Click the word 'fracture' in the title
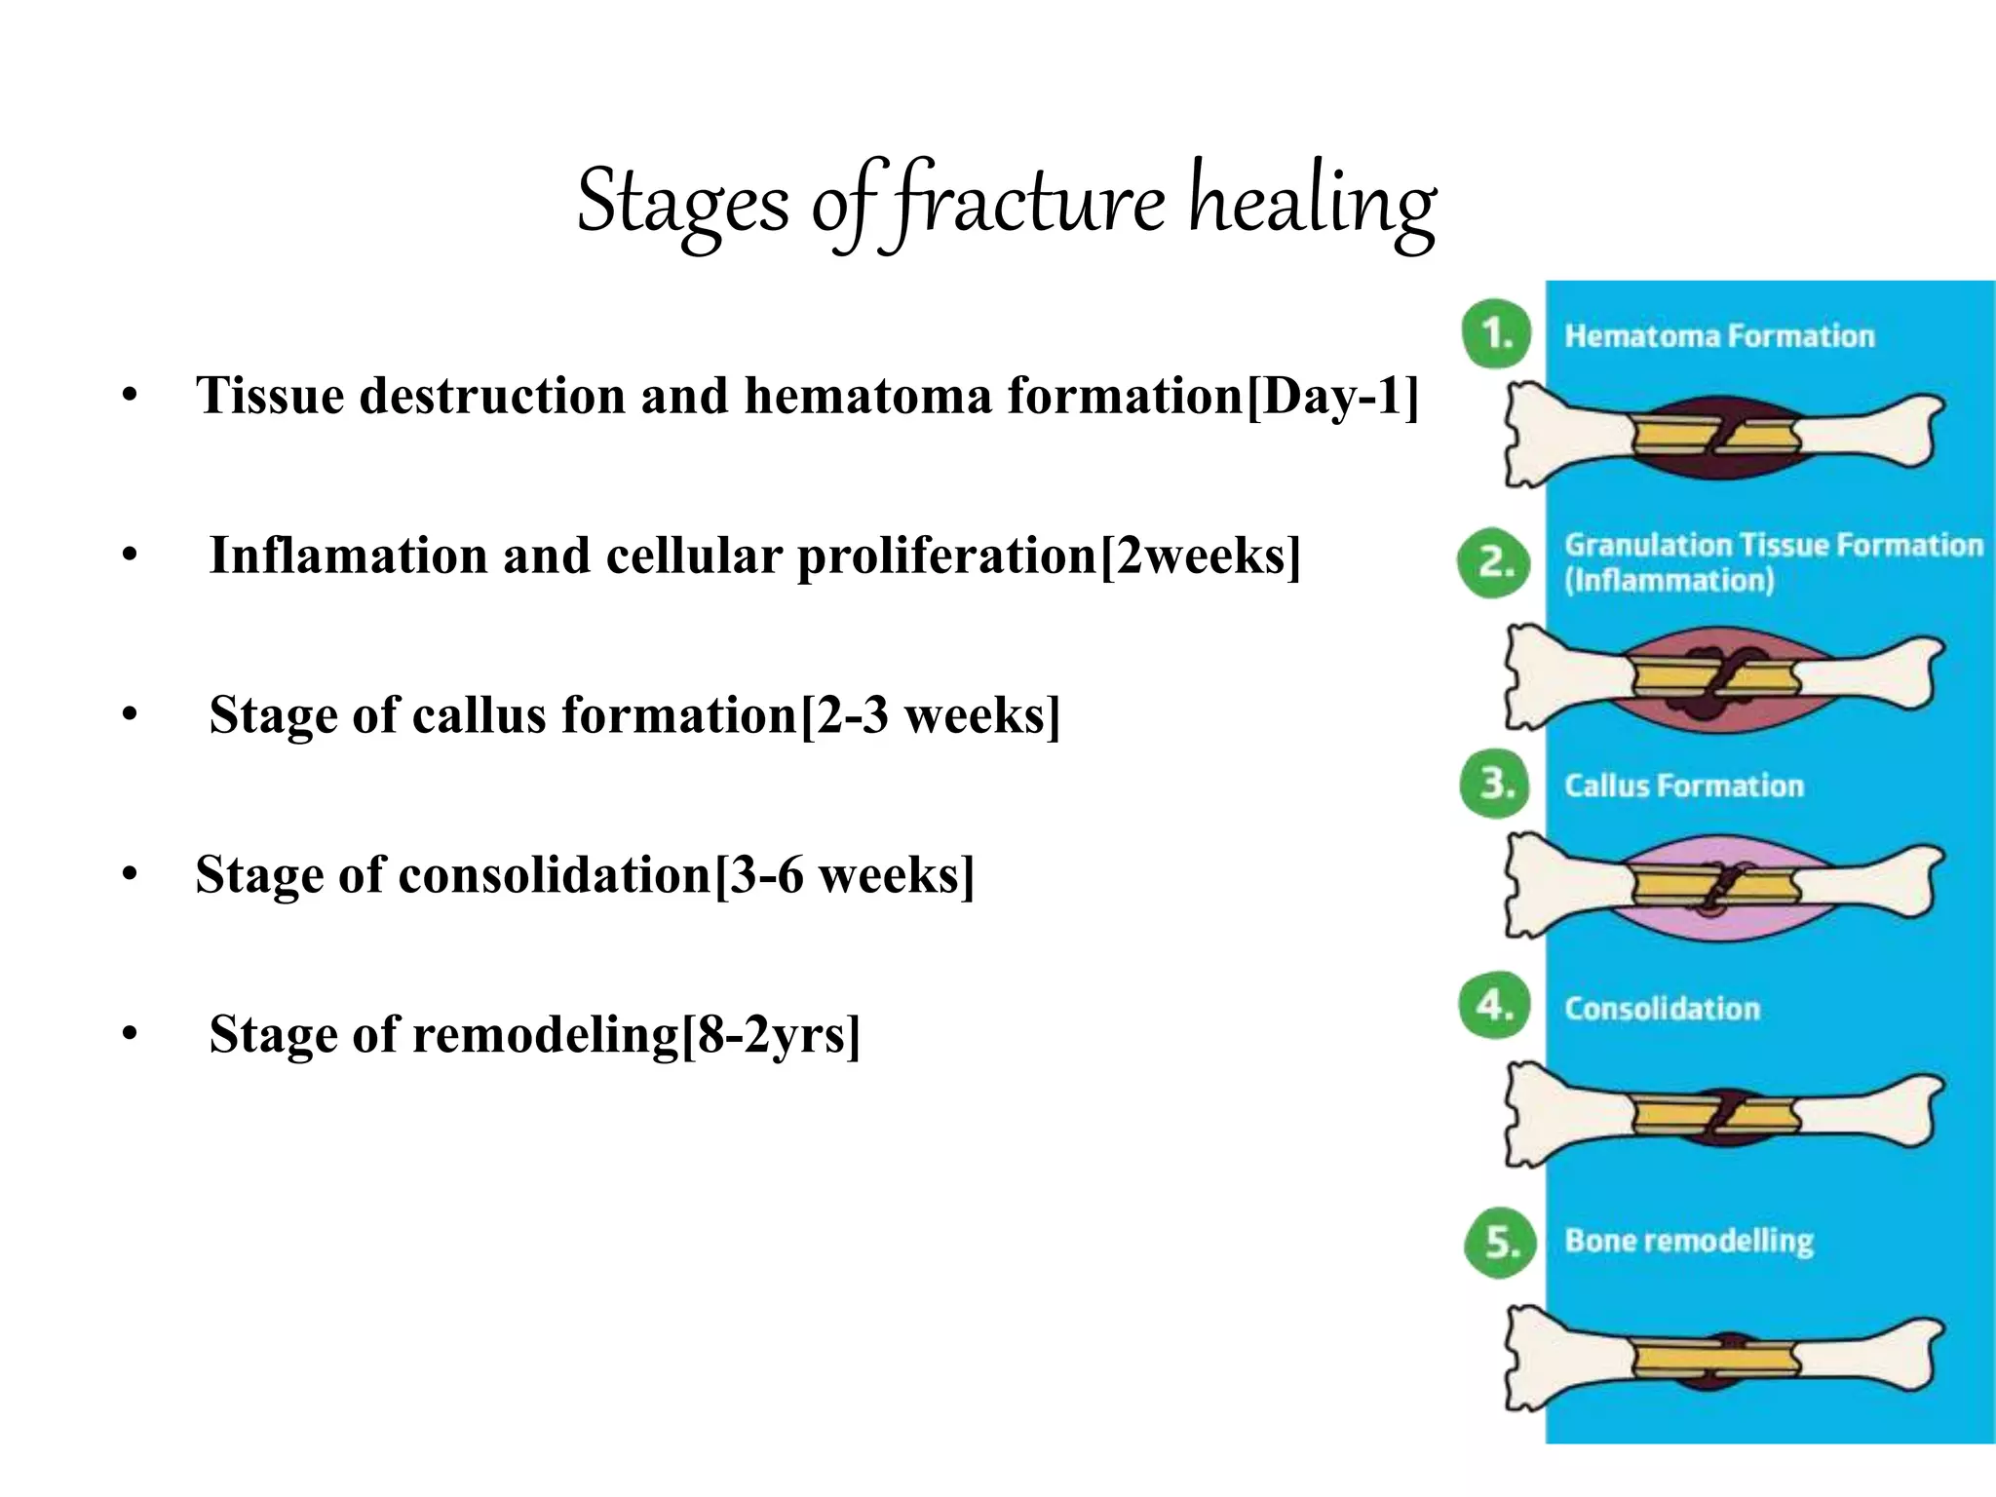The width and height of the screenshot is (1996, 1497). point(1028,203)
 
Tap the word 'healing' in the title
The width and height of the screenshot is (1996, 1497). point(1311,203)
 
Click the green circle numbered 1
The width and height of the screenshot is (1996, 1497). point(1496,334)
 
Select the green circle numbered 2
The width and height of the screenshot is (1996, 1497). point(1493,562)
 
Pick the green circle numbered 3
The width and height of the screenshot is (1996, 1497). point(1496,784)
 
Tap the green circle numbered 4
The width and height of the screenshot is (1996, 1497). point(1493,1005)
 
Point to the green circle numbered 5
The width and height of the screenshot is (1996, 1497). point(1499,1242)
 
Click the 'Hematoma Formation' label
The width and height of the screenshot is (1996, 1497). point(1719,336)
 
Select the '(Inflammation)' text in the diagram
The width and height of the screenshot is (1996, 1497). point(1669,581)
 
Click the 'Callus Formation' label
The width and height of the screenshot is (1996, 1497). point(1684,786)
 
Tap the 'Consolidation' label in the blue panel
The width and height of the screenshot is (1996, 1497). point(1663,1009)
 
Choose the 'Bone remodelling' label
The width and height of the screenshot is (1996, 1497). point(1689,1241)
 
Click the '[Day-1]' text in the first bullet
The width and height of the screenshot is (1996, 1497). point(1332,396)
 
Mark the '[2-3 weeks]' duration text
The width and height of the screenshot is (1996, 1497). point(930,714)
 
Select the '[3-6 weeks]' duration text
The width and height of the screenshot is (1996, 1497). point(844,874)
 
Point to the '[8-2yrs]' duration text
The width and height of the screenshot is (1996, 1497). point(771,1034)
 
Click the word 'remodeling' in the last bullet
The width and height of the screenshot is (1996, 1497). point(546,1035)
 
